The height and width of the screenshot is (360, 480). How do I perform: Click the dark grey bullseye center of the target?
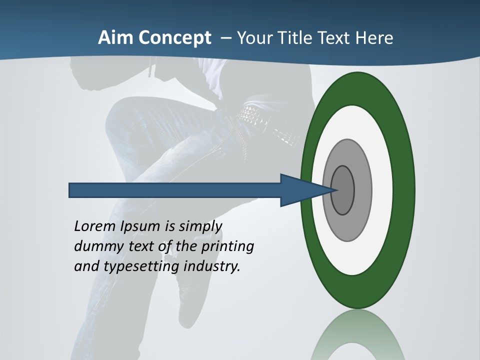pos(342,190)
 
